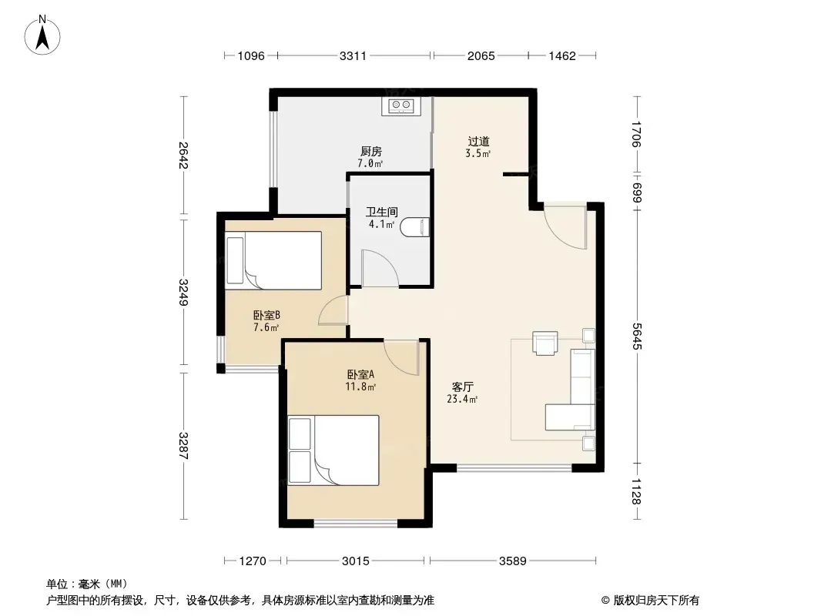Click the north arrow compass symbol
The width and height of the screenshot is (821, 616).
point(42,35)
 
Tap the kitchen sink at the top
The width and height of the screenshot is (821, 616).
point(401,105)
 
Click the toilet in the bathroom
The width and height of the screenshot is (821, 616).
point(415,226)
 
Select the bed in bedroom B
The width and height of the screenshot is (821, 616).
point(273,260)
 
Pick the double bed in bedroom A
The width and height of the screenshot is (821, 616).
point(333,450)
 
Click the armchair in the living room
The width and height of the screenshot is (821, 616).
point(545,343)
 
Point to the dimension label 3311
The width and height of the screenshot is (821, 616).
point(353,55)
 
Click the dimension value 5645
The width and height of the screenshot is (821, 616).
point(637,336)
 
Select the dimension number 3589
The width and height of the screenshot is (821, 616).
point(513,561)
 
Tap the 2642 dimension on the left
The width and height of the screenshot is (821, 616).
point(183,155)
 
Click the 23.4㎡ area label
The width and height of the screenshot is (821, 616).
point(462,400)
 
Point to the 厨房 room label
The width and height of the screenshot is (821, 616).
point(370,151)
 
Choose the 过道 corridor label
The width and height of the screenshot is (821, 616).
point(478,142)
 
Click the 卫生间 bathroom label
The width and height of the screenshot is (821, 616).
point(382,212)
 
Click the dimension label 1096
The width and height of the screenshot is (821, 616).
point(251,55)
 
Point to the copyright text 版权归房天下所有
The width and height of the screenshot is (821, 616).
point(656,601)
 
